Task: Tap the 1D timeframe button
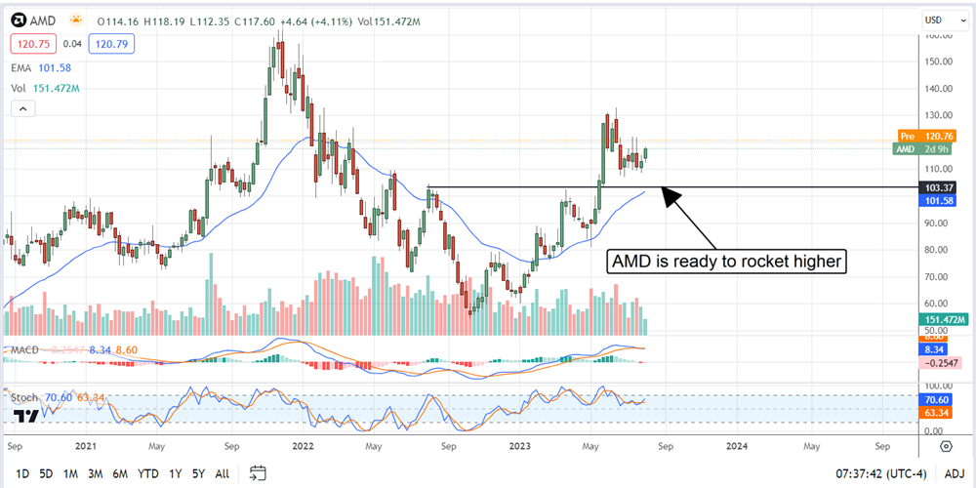[22, 473]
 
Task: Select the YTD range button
[148, 473]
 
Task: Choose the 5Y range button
[198, 473]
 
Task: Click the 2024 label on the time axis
[738, 444]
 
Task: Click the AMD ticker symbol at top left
[42, 20]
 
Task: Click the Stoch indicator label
[23, 398]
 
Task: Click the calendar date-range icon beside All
[259, 473]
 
